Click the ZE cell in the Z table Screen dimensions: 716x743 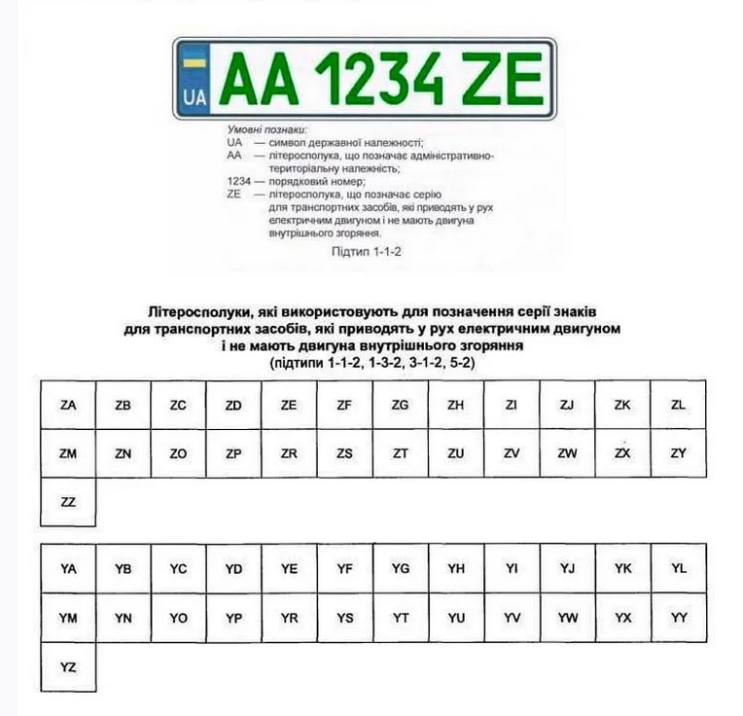(x=289, y=405)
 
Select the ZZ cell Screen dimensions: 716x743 (x=68, y=502)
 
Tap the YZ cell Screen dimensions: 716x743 (x=68, y=666)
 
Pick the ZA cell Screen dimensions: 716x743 (x=68, y=405)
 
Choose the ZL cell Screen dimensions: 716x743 (x=679, y=405)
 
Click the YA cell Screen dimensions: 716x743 (x=68, y=569)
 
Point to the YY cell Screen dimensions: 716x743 (x=679, y=618)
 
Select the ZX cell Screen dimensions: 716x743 (x=623, y=453)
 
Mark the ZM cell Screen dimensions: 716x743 (x=68, y=453)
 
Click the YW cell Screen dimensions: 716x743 (x=568, y=618)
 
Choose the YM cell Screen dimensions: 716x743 (x=68, y=618)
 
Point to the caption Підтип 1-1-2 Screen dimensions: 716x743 (x=367, y=250)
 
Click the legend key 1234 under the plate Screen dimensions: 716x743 (x=238, y=181)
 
